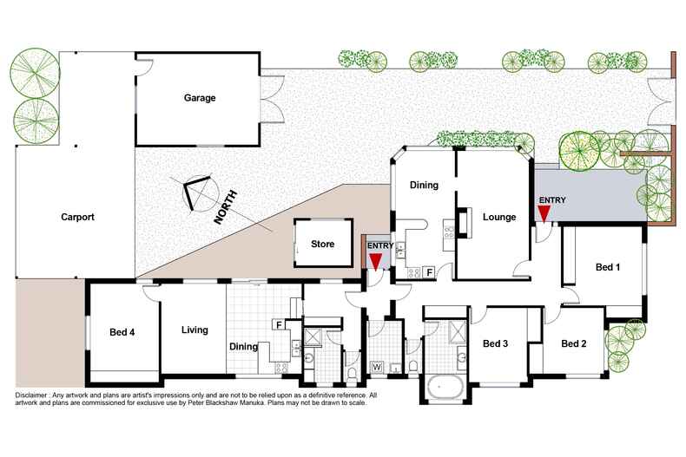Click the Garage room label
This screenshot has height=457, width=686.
click(x=199, y=98)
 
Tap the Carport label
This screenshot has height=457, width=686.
click(x=77, y=217)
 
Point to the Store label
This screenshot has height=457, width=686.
click(x=322, y=245)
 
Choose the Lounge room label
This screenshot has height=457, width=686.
click(x=499, y=217)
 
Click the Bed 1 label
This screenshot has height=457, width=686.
click(x=607, y=267)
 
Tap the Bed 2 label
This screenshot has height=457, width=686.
click(x=573, y=344)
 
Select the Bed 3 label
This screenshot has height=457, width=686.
click(x=494, y=344)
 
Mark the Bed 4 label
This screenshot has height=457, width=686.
click(x=122, y=332)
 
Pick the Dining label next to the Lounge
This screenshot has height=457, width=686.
click(x=425, y=185)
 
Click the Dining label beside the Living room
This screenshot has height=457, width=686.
click(x=243, y=347)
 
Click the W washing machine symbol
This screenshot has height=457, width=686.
click(x=377, y=366)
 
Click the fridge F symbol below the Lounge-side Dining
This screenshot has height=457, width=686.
click(x=430, y=272)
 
